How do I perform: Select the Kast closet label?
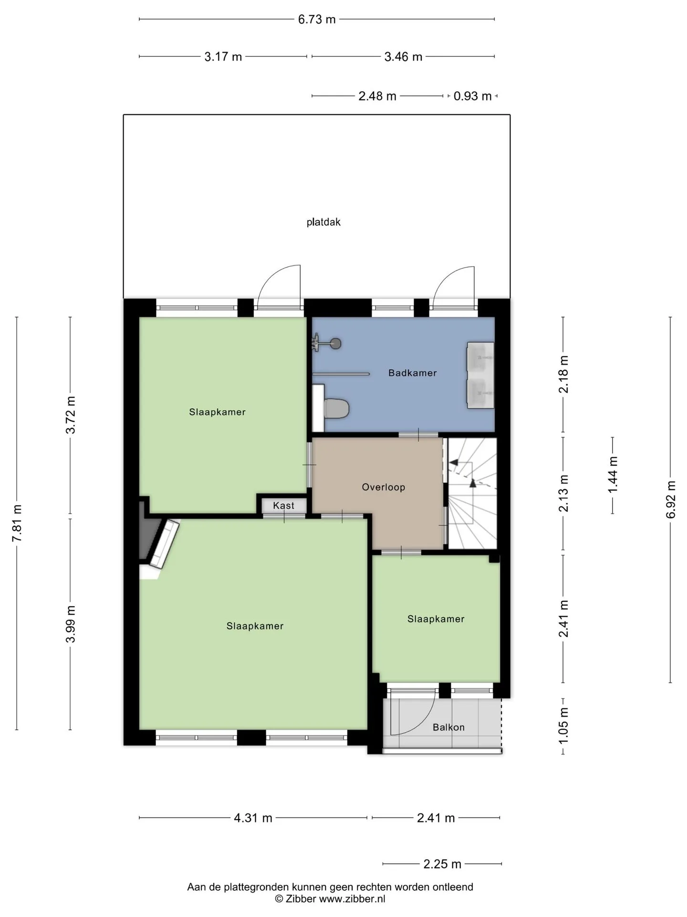(283, 505)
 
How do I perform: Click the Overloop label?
(383, 487)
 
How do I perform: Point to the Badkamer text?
(412, 373)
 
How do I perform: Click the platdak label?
(323, 222)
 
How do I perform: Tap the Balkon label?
(448, 727)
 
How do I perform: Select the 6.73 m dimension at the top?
(317, 19)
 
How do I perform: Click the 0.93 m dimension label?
(472, 96)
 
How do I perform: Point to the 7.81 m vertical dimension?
(17, 523)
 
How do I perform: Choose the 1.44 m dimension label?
(613, 475)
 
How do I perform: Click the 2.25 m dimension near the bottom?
(442, 864)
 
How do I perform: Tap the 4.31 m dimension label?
(253, 818)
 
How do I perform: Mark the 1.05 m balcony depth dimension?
(563, 725)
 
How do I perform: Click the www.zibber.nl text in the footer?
(352, 899)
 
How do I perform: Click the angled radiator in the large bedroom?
(164, 544)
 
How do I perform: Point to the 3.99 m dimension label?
(71, 624)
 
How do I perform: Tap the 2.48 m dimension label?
(377, 96)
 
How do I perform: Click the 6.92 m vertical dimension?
(671, 499)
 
